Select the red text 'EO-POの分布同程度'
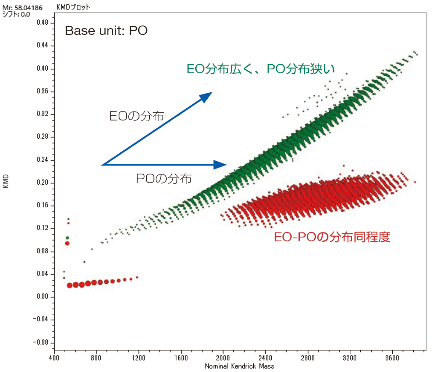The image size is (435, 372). pyautogui.click(x=332, y=237)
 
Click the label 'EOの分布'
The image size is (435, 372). pyautogui.click(x=136, y=116)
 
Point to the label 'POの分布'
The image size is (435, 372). pyautogui.click(x=164, y=178)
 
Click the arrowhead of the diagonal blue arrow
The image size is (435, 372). pyautogui.click(x=207, y=96)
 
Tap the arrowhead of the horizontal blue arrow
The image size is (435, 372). pyautogui.click(x=220, y=165)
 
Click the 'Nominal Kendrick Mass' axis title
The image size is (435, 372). pyautogui.click(x=239, y=366)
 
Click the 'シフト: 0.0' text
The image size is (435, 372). pyautogui.click(x=17, y=14)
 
